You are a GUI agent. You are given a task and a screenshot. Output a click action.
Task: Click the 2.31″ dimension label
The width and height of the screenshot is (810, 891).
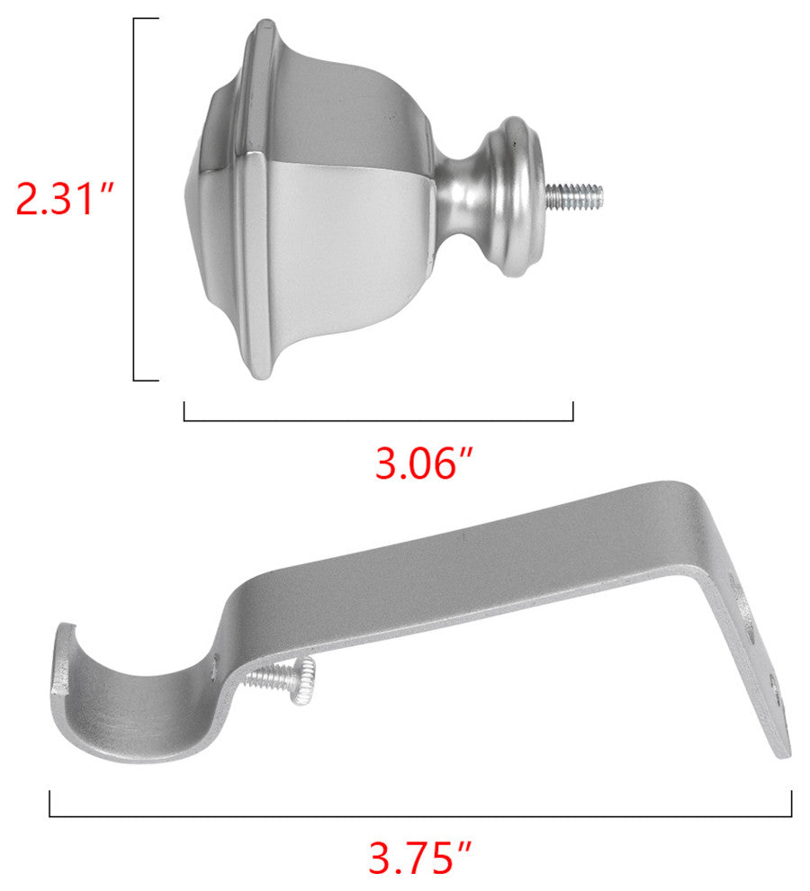tap(64, 199)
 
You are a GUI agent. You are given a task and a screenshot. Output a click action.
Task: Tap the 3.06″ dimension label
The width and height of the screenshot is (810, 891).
tap(424, 463)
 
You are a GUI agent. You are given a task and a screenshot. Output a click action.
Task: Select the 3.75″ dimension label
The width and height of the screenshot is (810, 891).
tap(419, 858)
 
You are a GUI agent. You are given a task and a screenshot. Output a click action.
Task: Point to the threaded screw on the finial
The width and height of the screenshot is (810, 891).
tap(574, 196)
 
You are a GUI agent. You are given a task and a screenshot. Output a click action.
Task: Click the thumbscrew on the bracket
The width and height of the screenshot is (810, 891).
tap(282, 679)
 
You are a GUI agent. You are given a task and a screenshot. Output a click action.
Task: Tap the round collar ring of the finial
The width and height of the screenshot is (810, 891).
tap(515, 196)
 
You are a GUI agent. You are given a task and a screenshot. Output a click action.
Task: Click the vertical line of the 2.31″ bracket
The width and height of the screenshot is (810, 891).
tap(134, 199)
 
